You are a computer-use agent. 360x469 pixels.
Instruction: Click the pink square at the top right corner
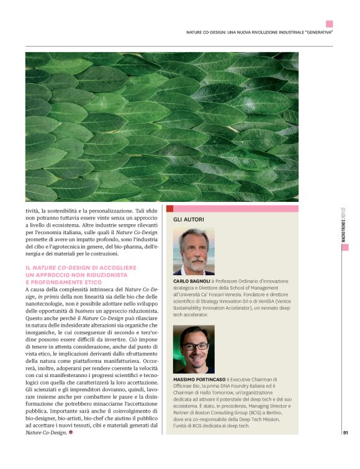[330, 23]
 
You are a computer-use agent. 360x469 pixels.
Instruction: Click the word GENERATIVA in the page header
[315, 32]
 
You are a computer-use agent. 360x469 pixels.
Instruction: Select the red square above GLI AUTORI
[169, 209]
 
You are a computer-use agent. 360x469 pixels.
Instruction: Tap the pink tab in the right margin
[344, 247]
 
